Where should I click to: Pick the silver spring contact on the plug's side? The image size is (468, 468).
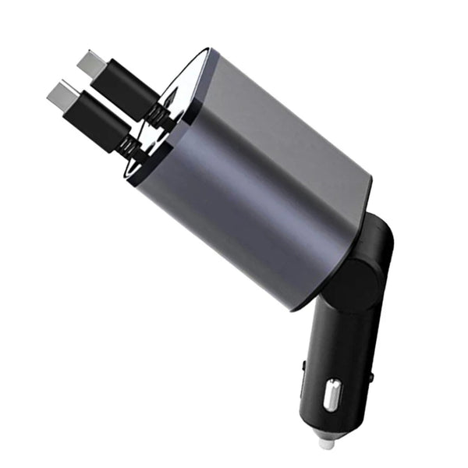tap(333, 394)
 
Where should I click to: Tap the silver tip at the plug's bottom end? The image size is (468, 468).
tap(326, 441)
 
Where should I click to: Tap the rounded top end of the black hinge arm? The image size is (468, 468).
tap(378, 225)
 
